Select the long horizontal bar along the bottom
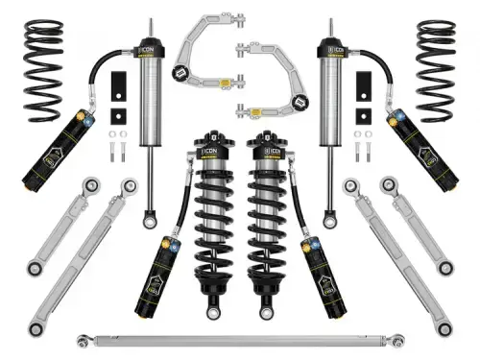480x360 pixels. [240, 339]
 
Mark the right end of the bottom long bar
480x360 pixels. [397, 339]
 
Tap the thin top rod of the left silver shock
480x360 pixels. [151, 34]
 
